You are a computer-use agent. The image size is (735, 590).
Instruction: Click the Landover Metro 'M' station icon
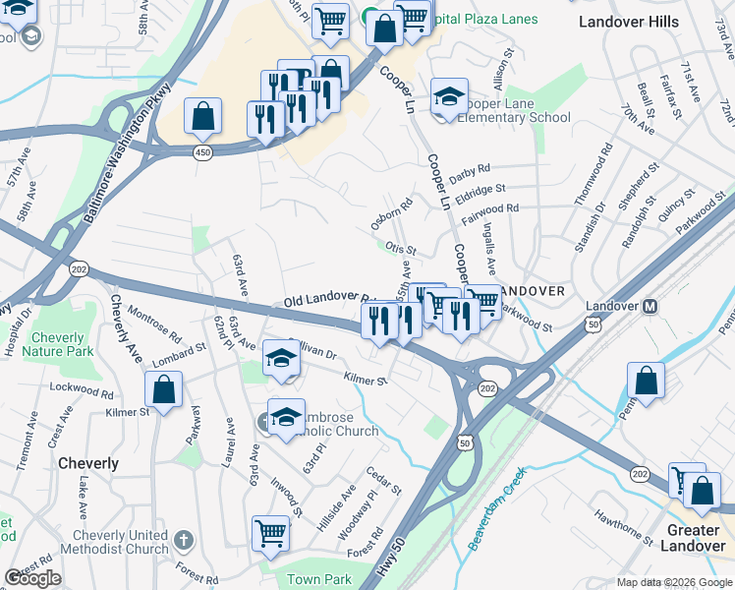649,306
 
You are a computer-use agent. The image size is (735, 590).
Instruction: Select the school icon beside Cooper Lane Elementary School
448,97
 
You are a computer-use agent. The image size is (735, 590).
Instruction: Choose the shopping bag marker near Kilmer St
163,389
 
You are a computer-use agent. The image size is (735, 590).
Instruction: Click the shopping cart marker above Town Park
270,533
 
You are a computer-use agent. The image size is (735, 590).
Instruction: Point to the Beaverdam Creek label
497,508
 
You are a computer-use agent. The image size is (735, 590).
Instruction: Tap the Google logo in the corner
32,578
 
